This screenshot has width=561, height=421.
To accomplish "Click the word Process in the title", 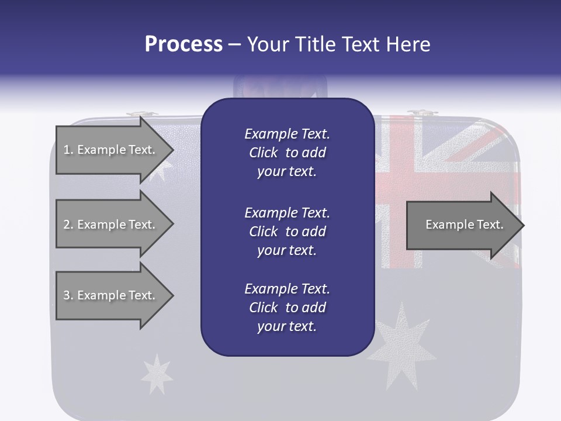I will point(183,44).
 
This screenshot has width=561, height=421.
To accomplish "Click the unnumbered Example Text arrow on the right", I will point(464,225).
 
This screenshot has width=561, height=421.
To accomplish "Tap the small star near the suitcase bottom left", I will point(157,373).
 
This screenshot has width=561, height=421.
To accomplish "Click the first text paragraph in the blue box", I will point(287,153).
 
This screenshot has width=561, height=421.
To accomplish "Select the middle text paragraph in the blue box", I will point(287,232).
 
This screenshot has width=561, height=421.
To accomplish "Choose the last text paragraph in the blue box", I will point(287,308).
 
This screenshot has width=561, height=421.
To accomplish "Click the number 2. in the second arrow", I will point(68,225).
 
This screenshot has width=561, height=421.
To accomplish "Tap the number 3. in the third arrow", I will point(68,295).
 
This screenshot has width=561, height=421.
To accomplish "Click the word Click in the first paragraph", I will point(264,153).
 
